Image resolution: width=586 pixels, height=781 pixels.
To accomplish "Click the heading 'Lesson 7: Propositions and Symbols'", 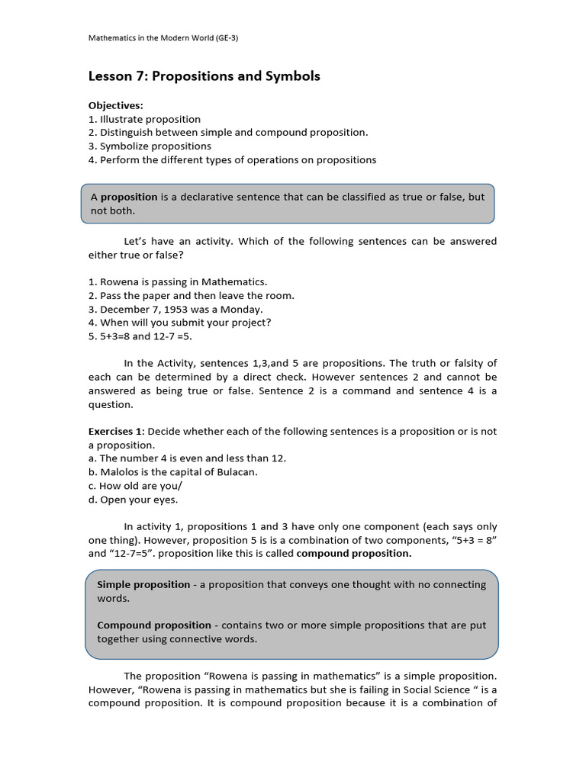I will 204,76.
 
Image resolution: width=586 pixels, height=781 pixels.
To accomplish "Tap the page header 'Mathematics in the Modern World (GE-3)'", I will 163,38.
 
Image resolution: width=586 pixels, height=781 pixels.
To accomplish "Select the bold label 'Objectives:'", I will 116,105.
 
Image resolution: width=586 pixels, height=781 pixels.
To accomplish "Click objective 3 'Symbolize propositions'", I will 150,146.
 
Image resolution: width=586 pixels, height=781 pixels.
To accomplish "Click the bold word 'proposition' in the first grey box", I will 129,197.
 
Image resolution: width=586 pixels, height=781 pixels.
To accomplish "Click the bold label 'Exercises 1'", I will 116,431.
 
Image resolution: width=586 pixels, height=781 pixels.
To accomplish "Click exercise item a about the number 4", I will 187,458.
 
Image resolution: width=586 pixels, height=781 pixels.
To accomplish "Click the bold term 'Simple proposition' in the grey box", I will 143,584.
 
